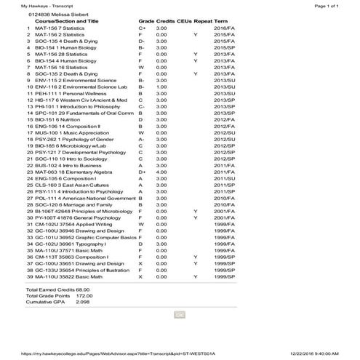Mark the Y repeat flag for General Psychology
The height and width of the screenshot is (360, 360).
click(x=196, y=217)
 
